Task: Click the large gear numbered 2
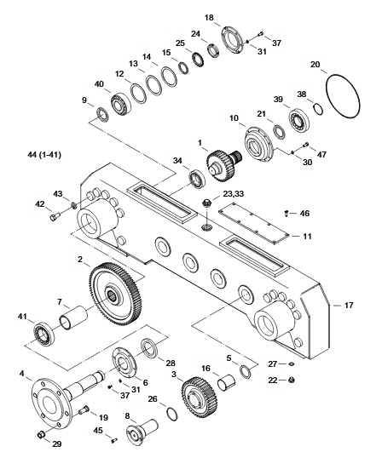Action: click(x=116, y=295)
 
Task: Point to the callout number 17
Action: click(x=349, y=305)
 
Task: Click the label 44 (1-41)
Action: click(x=44, y=155)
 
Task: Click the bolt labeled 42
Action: click(x=55, y=216)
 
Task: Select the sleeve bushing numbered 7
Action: click(x=73, y=318)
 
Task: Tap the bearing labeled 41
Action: click(x=44, y=335)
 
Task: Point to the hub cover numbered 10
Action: click(x=259, y=143)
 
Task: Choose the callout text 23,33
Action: click(x=234, y=193)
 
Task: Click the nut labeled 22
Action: click(x=292, y=380)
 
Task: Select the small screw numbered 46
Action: click(x=286, y=214)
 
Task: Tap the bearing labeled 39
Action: click(x=299, y=121)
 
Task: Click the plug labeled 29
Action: click(x=40, y=435)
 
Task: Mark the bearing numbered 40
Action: click(x=121, y=104)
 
